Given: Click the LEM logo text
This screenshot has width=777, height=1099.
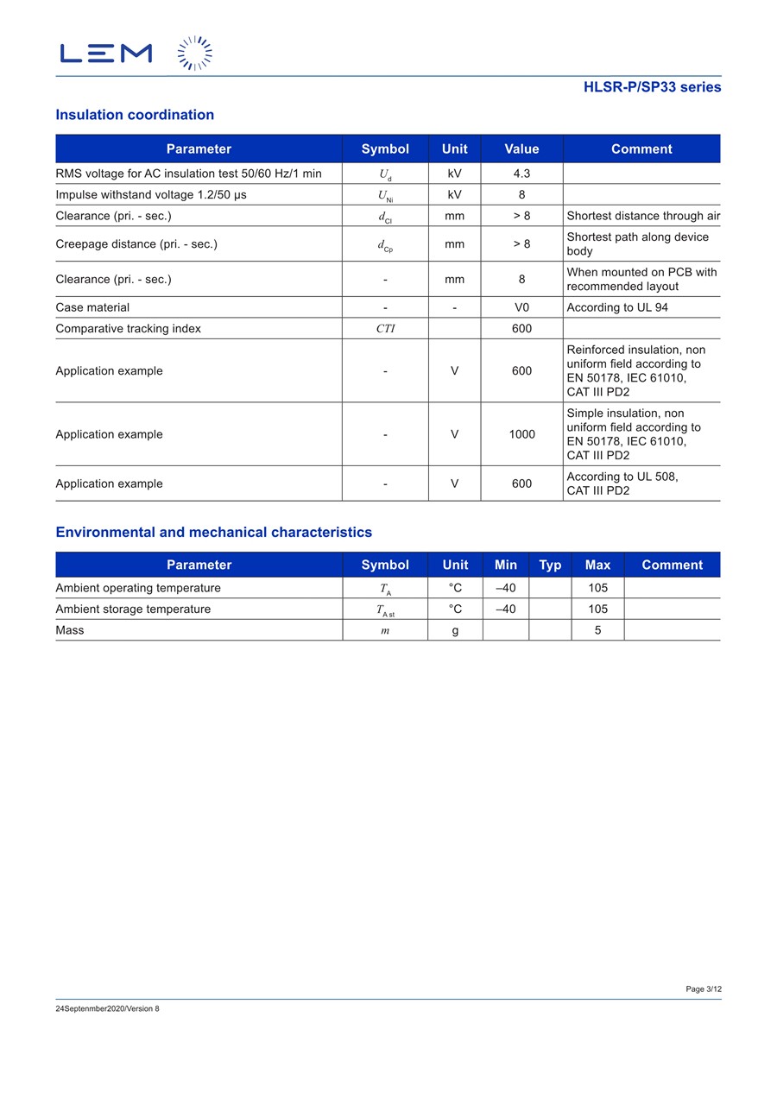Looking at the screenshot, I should pyautogui.click(x=106, y=54).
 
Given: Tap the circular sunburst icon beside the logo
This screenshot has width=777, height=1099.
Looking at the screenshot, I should pyautogui.click(x=195, y=54).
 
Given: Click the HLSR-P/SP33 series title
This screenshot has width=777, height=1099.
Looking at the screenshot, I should pyautogui.click(x=652, y=87).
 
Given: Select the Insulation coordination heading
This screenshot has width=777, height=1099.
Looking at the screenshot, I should pyautogui.click(x=135, y=115).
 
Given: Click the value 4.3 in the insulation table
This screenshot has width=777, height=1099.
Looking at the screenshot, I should pyautogui.click(x=521, y=174).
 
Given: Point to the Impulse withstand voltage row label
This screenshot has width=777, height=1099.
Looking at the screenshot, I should pyautogui.click(x=151, y=195).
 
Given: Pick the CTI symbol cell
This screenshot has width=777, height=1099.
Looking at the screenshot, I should pyautogui.click(x=385, y=329).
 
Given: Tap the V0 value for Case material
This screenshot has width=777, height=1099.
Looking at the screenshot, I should pyautogui.click(x=521, y=307).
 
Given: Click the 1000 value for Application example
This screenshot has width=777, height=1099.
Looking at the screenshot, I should pyautogui.click(x=521, y=434).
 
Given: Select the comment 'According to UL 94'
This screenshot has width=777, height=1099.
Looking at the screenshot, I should pyautogui.click(x=617, y=307).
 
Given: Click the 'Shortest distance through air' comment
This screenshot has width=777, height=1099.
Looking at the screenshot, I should pyautogui.click(x=643, y=216).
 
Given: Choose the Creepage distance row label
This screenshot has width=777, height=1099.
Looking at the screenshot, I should pyautogui.click(x=136, y=244).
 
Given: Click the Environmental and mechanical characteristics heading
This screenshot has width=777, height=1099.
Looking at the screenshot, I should pyautogui.click(x=214, y=533).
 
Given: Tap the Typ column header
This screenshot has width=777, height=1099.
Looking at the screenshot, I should pyautogui.click(x=550, y=565).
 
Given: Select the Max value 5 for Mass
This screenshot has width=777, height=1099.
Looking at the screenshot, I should pyautogui.click(x=597, y=630).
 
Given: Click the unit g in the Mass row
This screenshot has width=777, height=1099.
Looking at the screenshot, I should pyautogui.click(x=455, y=630).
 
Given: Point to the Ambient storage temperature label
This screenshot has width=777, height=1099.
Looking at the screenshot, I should pyautogui.click(x=133, y=610).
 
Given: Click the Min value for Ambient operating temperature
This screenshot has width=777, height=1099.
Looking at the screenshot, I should pyautogui.click(x=505, y=588).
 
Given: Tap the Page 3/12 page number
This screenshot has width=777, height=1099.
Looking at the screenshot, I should pyautogui.click(x=704, y=989).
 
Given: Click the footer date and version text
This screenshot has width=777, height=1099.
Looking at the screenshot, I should pyautogui.click(x=108, y=1009).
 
